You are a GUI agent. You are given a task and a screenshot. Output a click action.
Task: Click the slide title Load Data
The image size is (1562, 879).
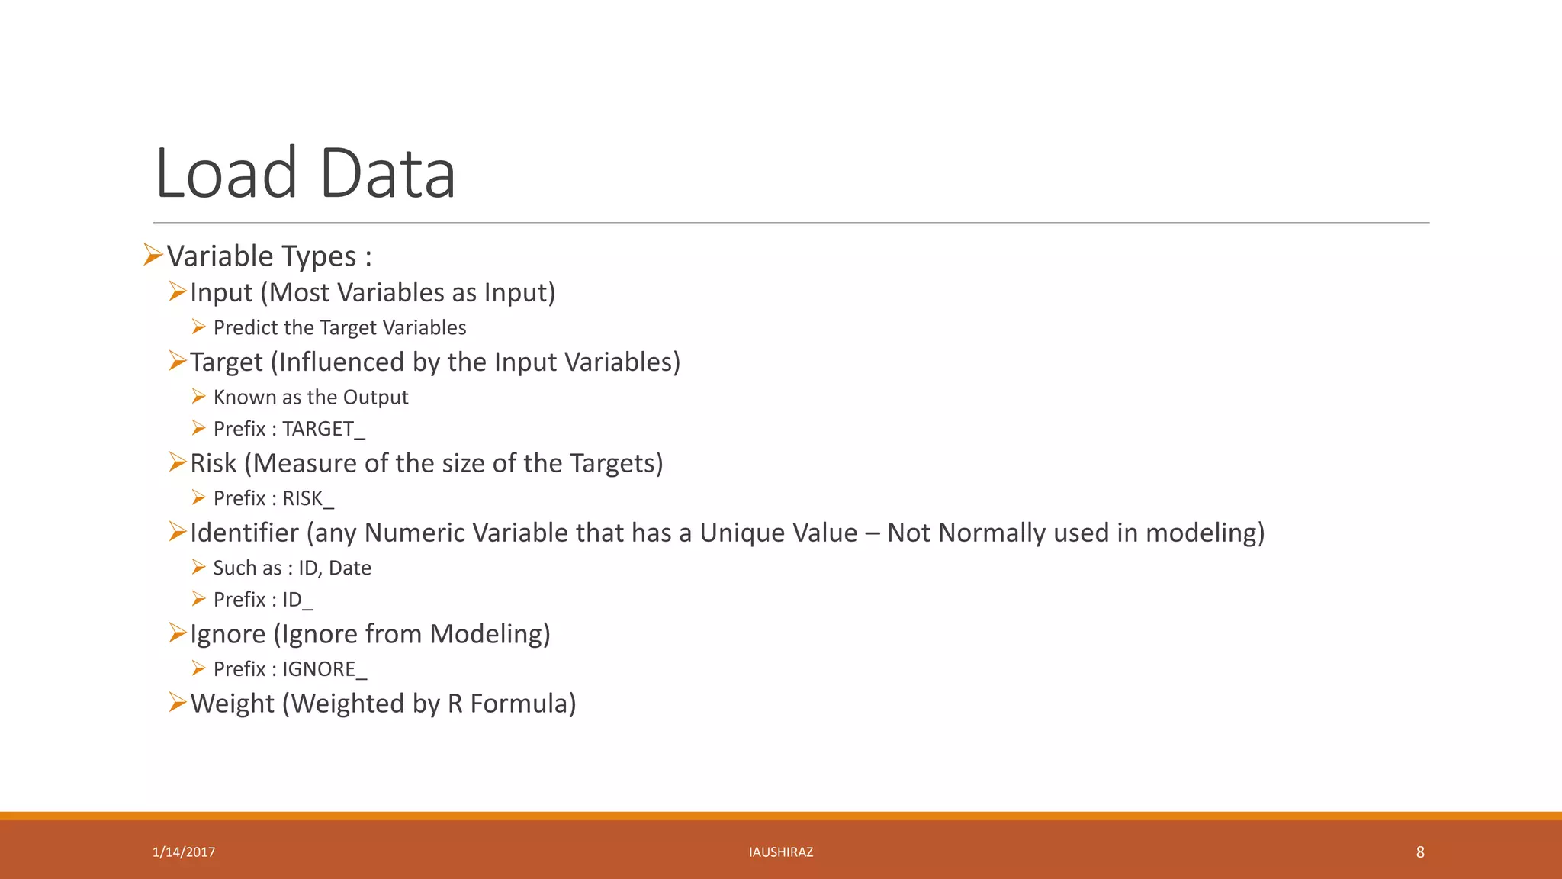pyautogui.click(x=305, y=173)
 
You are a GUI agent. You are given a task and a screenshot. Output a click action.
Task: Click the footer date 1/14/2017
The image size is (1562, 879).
pyautogui.click(x=184, y=852)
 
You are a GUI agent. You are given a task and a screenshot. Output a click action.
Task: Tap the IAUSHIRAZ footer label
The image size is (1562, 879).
pyautogui.click(x=781, y=852)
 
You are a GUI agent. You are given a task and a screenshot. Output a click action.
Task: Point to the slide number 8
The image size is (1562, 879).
pyautogui.click(x=1419, y=852)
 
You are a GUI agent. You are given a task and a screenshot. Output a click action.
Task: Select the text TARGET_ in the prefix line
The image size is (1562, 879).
pyautogui.click(x=323, y=429)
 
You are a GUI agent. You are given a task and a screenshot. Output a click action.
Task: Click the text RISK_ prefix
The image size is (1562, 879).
pyautogui.click(x=308, y=498)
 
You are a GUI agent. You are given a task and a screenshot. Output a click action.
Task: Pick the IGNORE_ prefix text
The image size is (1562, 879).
pyautogui.click(x=324, y=669)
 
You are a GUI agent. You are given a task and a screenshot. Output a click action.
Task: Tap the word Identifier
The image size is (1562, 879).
pyautogui.click(x=244, y=533)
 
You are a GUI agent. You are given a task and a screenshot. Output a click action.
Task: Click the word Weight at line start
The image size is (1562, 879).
pyautogui.click(x=232, y=704)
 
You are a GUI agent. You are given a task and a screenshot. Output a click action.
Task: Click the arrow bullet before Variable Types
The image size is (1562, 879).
pyautogui.click(x=153, y=255)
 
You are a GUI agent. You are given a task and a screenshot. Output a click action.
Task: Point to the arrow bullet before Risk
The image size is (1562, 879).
pyautogui.click(x=177, y=462)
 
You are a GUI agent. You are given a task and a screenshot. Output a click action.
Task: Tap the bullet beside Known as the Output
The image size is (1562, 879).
pyautogui.click(x=199, y=397)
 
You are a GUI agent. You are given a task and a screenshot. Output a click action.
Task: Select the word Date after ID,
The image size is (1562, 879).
pyautogui.click(x=350, y=568)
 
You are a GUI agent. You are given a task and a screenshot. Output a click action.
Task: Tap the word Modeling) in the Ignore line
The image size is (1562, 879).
pyautogui.click(x=490, y=634)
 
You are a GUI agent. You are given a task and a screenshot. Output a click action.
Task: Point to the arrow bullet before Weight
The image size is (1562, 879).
pyautogui.click(x=177, y=702)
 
